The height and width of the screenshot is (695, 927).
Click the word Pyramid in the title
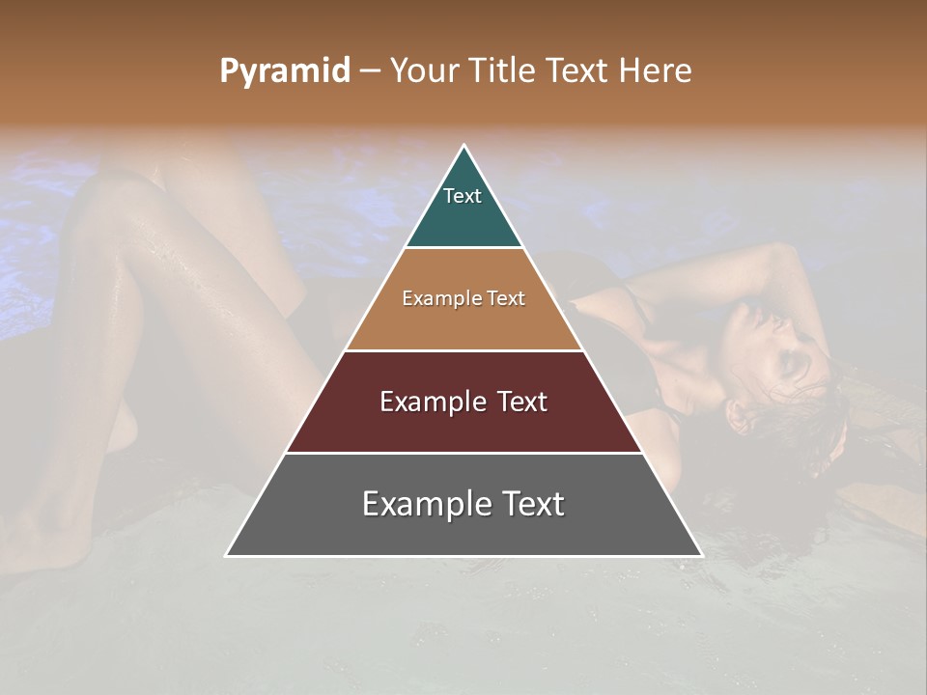click(x=284, y=71)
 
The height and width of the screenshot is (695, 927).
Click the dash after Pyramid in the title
click(x=369, y=71)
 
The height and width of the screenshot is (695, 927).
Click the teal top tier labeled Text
click(x=463, y=208)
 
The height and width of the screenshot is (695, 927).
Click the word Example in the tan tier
click(x=433, y=299)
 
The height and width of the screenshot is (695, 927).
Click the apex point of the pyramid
click(x=463, y=146)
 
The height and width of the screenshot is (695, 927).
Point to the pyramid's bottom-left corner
click(x=227, y=555)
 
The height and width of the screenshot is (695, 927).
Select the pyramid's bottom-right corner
click(x=701, y=555)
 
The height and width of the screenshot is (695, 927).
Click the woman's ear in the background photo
click(x=739, y=415)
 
